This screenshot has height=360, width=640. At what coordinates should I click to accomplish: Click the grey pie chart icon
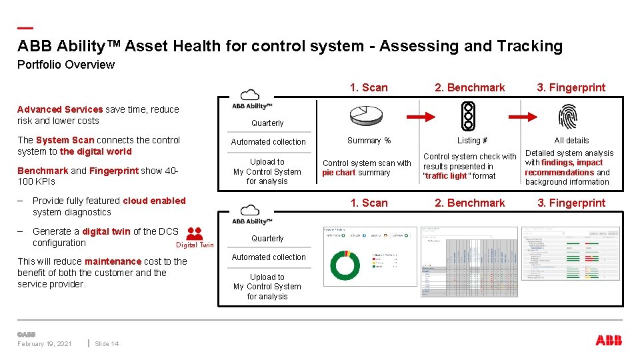[x=367, y=116]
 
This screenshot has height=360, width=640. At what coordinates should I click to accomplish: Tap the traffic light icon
[x=469, y=116]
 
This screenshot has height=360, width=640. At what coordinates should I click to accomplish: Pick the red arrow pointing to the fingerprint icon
[x=521, y=117]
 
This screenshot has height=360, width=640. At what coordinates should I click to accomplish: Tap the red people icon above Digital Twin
[x=195, y=234]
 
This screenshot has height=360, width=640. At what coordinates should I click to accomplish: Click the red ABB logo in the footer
[x=609, y=341]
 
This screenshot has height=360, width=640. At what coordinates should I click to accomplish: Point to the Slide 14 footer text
[x=107, y=344]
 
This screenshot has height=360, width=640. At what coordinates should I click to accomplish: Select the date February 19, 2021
[x=45, y=344]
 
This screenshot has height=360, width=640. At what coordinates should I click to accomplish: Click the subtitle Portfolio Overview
[x=65, y=65]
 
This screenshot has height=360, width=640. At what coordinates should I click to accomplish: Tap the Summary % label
[x=369, y=141]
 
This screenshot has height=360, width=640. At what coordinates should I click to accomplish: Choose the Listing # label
[x=472, y=141]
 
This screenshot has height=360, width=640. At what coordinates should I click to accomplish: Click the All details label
[x=571, y=141]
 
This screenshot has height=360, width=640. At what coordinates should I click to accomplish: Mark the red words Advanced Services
[x=60, y=109]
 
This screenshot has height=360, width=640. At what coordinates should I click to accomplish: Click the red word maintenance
[x=113, y=261]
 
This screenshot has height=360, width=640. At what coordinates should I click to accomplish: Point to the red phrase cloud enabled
[x=154, y=201]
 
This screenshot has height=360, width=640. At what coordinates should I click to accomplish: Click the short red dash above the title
[x=25, y=28]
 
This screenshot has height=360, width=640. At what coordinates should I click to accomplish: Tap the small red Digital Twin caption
[x=195, y=245]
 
